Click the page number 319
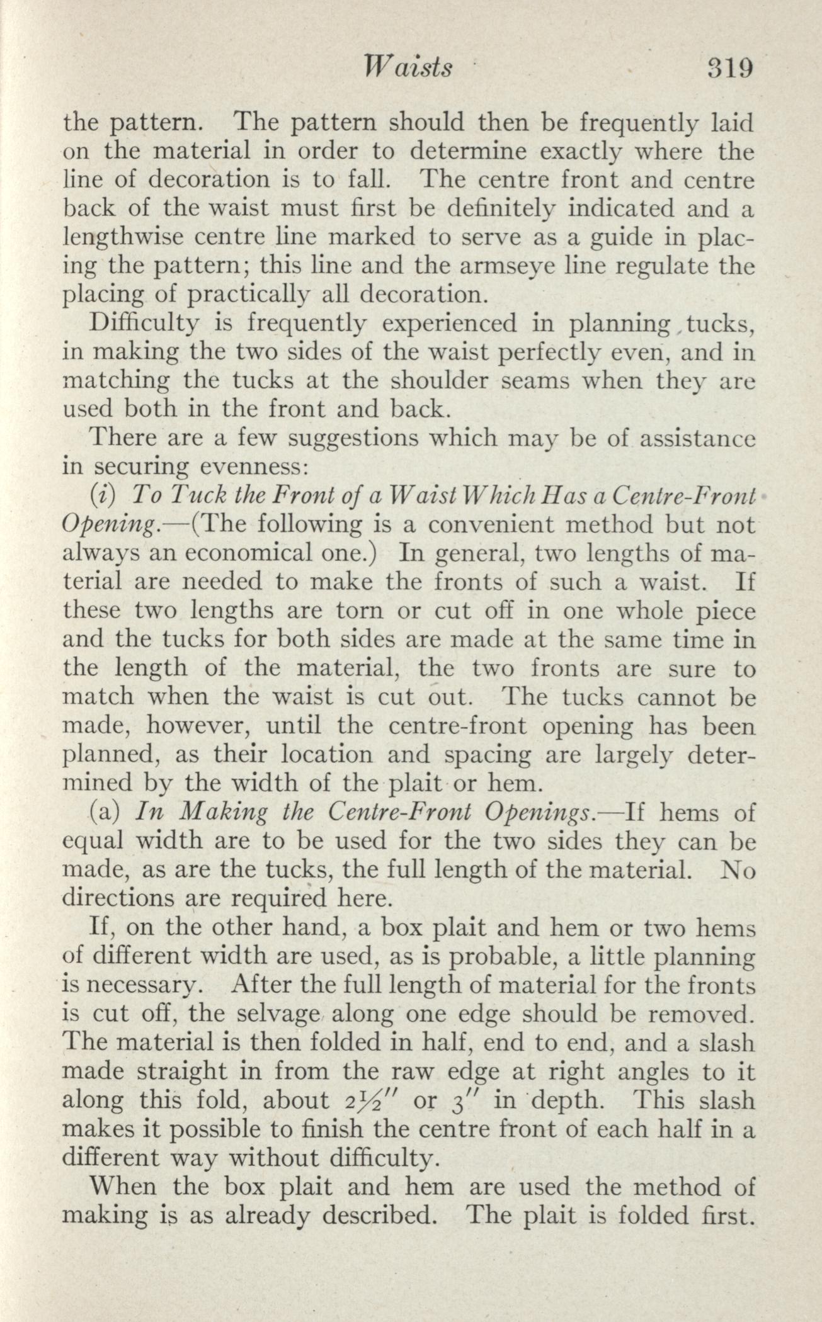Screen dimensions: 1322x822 point(730,67)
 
